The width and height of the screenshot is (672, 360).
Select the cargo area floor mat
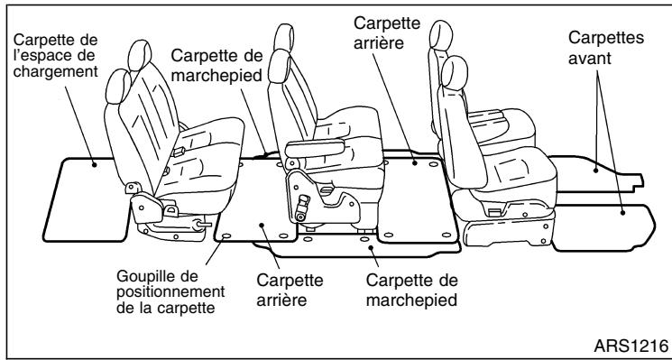[86, 198]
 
